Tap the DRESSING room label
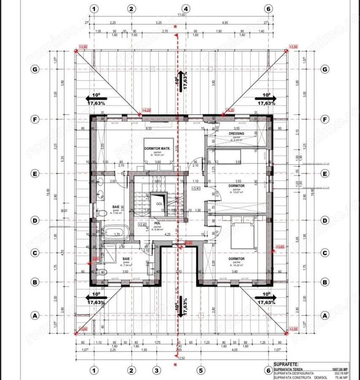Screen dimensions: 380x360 tap(237, 133)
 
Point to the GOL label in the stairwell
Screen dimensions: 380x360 tap(159, 203)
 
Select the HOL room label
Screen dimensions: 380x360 tap(157, 223)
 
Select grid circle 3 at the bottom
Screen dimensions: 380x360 tap(157, 371)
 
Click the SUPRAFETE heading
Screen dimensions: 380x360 tap(287, 363)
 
